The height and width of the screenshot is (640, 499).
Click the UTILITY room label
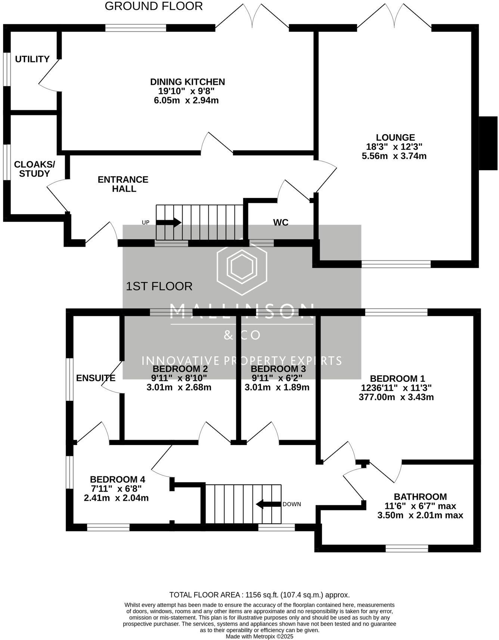32,59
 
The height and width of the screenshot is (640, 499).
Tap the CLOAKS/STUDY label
34,169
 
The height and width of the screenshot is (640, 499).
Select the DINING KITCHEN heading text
187,82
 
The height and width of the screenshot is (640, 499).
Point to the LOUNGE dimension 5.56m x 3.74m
394,156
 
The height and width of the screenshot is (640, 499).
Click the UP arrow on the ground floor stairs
168,223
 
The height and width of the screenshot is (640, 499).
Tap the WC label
281,223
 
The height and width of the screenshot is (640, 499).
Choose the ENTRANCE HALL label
123,184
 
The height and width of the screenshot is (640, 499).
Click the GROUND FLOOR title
154,6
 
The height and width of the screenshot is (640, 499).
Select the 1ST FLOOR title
159,287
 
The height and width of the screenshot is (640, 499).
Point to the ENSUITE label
96,378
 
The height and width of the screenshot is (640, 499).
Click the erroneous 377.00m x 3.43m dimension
396,397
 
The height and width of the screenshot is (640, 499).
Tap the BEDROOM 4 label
117,479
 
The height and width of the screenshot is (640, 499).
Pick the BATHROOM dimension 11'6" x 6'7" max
420,506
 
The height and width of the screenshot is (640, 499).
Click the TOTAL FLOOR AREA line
259,595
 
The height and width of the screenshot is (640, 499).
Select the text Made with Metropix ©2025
259,636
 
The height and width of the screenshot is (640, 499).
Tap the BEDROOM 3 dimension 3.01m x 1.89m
277,387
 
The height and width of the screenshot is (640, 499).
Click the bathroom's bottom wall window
407,548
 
